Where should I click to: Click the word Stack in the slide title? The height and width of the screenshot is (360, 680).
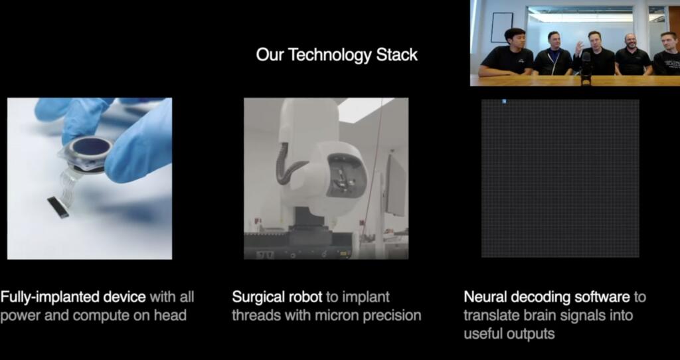click(x=397, y=55)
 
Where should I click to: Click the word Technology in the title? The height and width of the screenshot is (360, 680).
click(x=327, y=55)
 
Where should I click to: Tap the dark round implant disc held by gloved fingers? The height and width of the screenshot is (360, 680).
click(x=90, y=147)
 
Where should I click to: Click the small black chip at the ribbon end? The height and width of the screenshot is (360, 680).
click(x=58, y=207)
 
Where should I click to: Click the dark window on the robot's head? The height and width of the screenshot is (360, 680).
click(x=345, y=175)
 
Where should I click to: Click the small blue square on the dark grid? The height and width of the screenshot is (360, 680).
click(x=504, y=102)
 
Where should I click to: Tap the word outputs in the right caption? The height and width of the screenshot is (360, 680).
click(x=528, y=333)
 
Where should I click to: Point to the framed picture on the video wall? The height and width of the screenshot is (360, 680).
click(x=502, y=27)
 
